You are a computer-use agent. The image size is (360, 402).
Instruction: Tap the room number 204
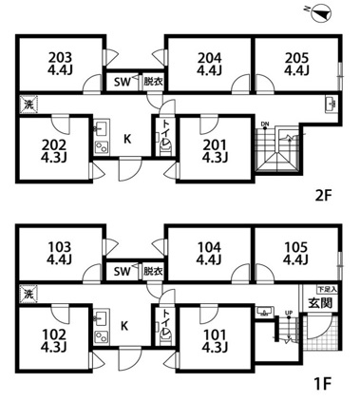(209, 55)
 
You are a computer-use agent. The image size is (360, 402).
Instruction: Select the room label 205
(295, 55)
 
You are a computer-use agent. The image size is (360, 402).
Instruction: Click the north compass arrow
(321, 14)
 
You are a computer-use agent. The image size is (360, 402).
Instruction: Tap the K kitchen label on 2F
(126, 139)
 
